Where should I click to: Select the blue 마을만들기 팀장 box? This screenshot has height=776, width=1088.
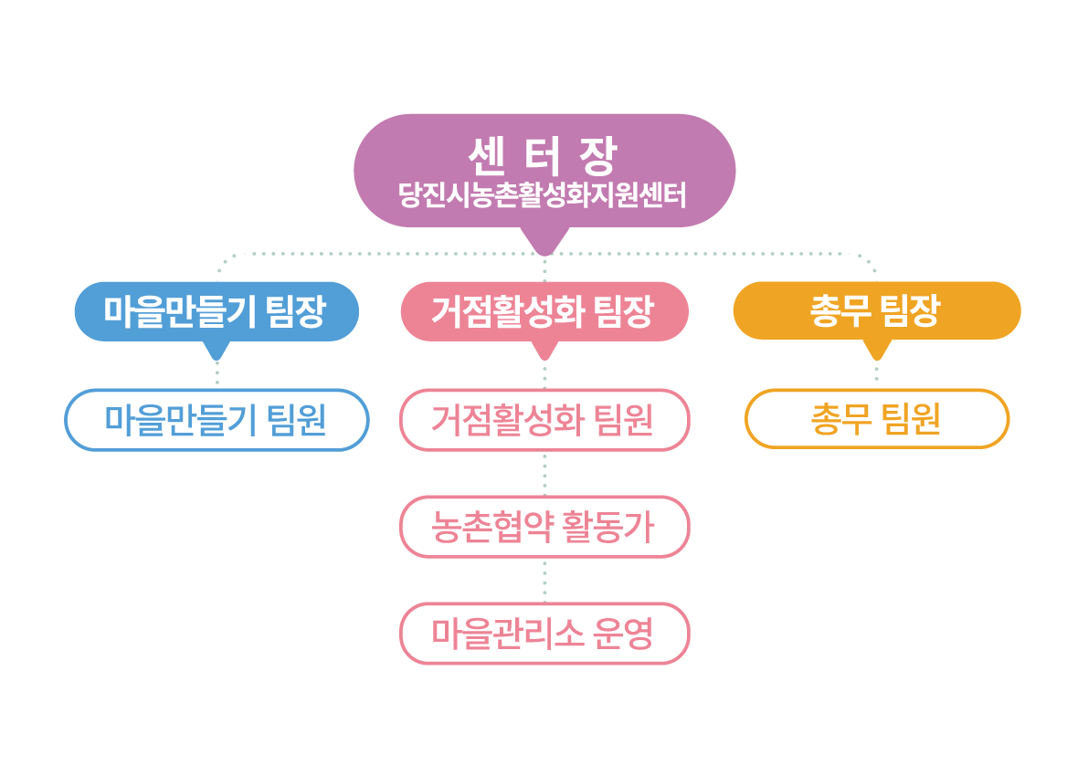click(x=216, y=311)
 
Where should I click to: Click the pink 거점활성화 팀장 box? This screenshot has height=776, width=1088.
click(x=544, y=311)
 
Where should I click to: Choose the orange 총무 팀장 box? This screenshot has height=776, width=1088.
click(x=876, y=310)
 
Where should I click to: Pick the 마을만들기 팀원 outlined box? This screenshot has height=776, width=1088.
click(x=217, y=420)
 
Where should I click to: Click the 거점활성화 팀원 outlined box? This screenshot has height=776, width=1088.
click(x=544, y=420)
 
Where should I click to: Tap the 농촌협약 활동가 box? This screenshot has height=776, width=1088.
click(x=544, y=527)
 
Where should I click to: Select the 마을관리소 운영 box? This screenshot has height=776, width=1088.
click(x=544, y=633)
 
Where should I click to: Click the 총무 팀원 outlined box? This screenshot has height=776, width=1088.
click(x=876, y=419)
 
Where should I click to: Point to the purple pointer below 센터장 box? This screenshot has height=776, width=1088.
click(x=544, y=241)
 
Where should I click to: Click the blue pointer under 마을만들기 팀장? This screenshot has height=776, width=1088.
click(x=217, y=350)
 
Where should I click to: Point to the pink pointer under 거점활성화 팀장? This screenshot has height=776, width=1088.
click(x=545, y=350)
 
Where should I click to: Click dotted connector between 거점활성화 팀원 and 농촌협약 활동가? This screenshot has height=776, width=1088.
click(x=545, y=474)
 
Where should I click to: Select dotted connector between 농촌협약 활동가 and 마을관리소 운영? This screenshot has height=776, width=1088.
click(x=545, y=580)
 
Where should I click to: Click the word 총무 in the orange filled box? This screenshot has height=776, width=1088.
click(x=839, y=311)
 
